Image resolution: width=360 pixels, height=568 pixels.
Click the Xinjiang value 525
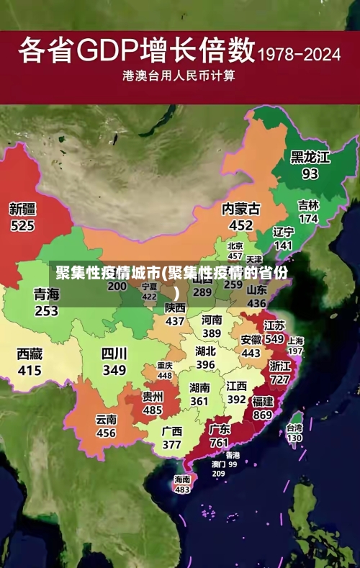pos(22,225)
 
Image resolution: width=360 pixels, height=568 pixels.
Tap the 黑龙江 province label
pos(310,157)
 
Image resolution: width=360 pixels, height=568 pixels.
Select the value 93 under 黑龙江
pos(310,173)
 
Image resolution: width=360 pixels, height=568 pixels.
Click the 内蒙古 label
pos(240,209)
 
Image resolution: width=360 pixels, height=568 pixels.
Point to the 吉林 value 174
pos(308,218)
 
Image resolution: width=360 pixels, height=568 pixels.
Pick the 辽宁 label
pos(284,232)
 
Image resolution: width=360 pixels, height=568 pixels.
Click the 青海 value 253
pos(46,311)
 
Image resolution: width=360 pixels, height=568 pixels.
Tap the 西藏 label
pos(30,354)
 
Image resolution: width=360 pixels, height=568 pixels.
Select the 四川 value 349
pos(114,371)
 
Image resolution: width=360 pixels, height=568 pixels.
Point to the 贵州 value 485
pos(152,410)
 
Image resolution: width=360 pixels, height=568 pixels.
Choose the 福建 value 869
pos(263,415)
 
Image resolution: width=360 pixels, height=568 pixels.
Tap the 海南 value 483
pos(182,490)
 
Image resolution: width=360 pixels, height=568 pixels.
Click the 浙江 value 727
pos(280,379)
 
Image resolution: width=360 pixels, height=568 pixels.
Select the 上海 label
pos(295,340)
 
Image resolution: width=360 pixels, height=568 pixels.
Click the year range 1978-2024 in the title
pos(298,55)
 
